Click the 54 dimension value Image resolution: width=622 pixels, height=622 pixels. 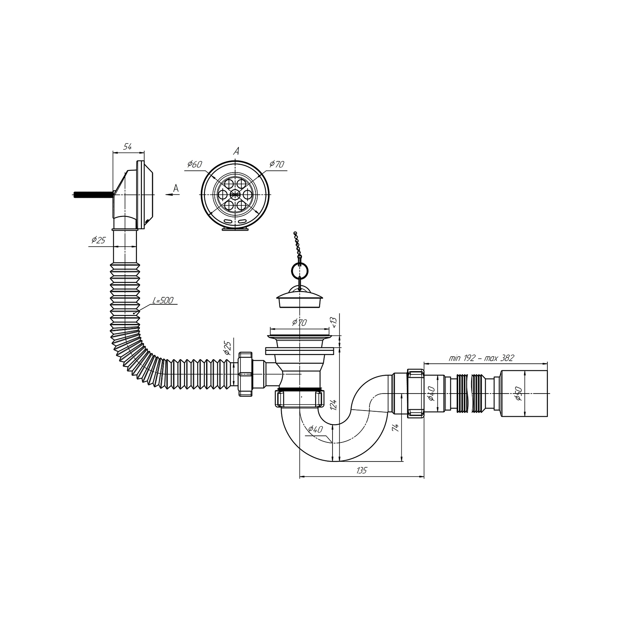tap(128, 146)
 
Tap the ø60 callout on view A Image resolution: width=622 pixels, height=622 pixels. tap(194, 164)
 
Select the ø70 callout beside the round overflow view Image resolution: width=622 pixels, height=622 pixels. tap(277, 164)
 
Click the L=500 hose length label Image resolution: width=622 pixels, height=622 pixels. tap(163, 300)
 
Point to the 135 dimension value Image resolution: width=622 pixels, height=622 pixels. tap(362, 470)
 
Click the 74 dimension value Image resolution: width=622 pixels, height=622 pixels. tap(396, 428)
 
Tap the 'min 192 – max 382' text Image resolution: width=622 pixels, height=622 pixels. tap(481, 358)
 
